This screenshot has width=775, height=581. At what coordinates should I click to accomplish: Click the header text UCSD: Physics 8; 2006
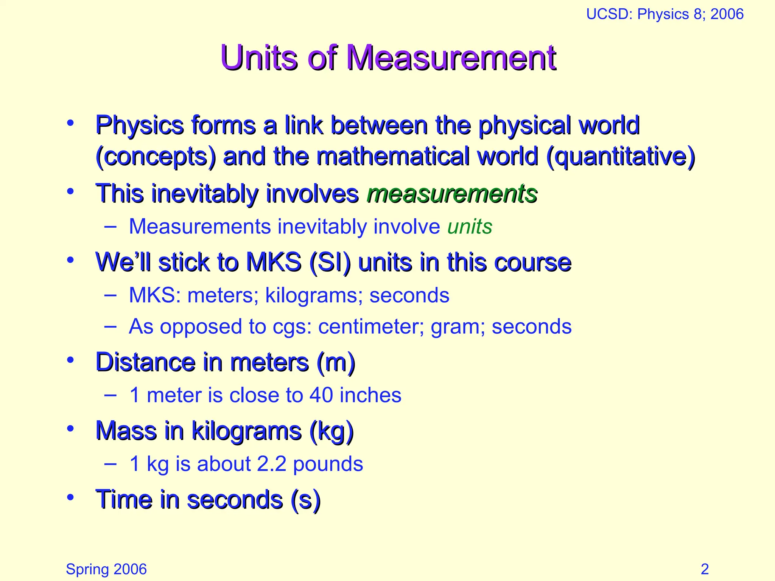665,14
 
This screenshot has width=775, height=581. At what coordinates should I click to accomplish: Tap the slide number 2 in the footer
705,569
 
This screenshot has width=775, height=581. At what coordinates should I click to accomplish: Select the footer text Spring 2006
106,569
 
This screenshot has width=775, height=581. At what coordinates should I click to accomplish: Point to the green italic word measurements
452,194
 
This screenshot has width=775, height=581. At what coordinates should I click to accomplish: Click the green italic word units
470,227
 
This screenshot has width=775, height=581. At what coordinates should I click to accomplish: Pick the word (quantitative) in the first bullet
621,157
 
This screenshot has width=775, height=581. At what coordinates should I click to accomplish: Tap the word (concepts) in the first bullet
156,157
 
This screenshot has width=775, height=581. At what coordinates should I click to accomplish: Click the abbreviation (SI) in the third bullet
330,263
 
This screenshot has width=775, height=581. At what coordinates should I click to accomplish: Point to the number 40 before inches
321,395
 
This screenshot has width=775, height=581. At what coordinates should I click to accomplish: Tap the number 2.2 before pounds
271,464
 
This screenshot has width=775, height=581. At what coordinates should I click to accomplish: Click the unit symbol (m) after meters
336,362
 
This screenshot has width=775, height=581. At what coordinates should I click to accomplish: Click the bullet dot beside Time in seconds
70,497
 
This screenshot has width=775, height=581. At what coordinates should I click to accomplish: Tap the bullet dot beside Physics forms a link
70,123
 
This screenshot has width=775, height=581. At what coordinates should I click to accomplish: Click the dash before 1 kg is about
110,464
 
